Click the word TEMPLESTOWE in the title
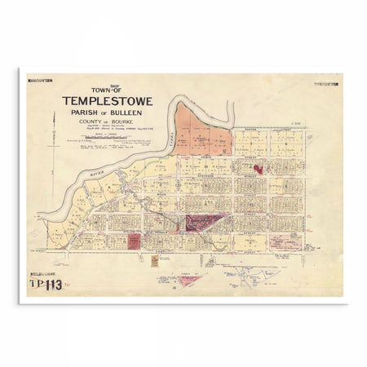pos(111,101)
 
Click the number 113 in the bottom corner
pos(54,285)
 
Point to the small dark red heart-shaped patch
pos(259,169)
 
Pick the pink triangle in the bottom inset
pos(189,280)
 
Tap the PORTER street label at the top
pos(249,128)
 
